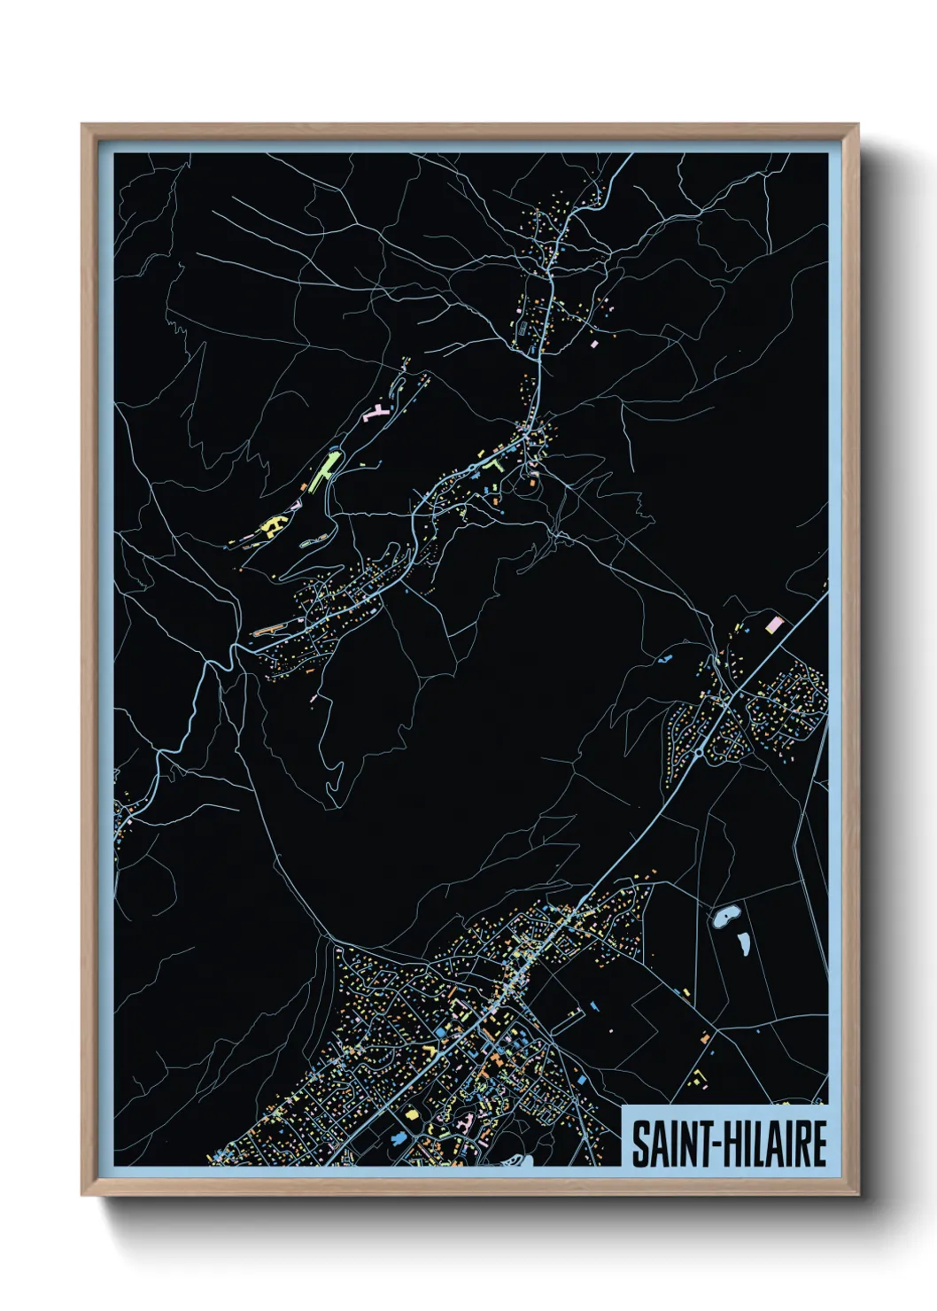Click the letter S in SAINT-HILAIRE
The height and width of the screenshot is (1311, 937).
click(x=640, y=1144)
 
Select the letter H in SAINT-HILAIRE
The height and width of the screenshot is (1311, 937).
click(x=724, y=1144)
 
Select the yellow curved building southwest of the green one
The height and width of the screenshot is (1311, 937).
click(x=271, y=526)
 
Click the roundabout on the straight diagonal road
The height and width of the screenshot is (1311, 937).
click(x=699, y=752)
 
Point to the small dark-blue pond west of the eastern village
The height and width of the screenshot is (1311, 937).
click(x=665, y=659)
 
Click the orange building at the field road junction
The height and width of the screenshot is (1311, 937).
click(x=705, y=1036)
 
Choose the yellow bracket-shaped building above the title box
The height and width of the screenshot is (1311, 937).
click(x=700, y=1078)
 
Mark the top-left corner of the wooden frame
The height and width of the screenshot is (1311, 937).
click(x=83, y=126)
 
